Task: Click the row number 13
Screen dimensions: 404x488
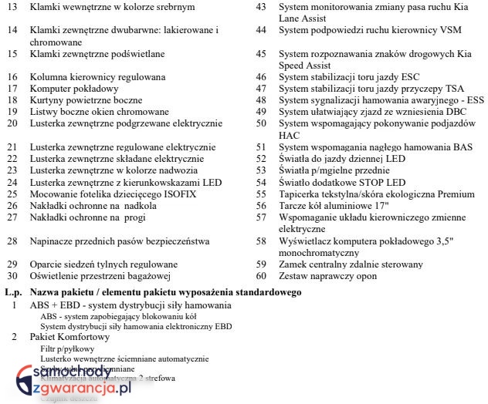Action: [x=12, y=7]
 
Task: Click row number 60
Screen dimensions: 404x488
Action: [x=262, y=275]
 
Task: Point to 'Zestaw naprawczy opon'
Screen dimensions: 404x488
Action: [x=328, y=275]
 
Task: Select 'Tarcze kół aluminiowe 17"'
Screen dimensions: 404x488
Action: [x=334, y=206]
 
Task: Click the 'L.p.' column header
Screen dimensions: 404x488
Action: [x=12, y=292]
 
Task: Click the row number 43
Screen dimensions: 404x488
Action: [x=262, y=7]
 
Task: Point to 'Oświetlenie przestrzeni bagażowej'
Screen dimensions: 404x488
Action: [x=100, y=275]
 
